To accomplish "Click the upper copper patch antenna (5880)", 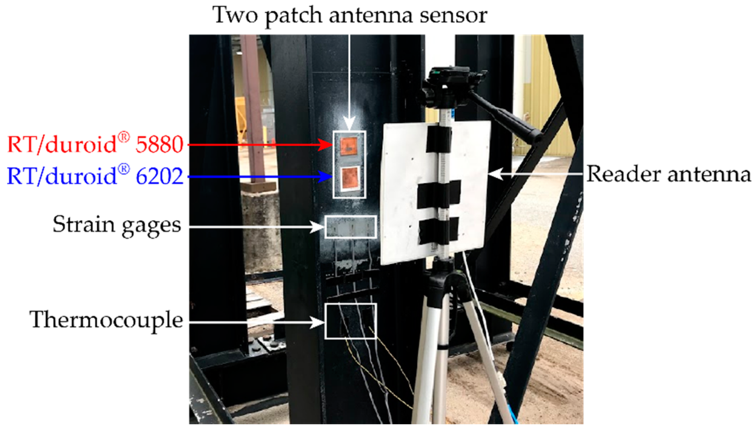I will click(x=349, y=146).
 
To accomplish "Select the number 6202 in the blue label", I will click(x=160, y=176).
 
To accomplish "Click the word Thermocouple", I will click(x=106, y=320).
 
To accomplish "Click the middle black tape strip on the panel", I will click(x=439, y=194).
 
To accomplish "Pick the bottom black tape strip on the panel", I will click(x=439, y=230).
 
